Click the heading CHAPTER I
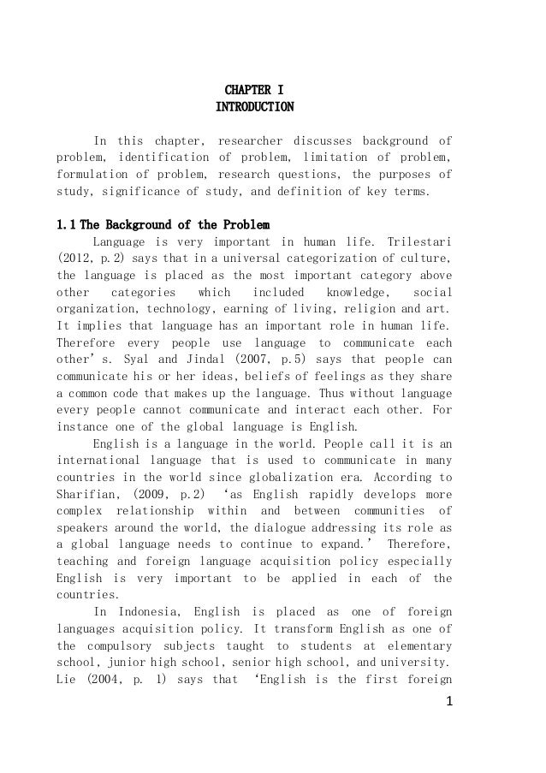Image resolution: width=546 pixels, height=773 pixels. click(254, 89)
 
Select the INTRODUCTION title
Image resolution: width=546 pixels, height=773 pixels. click(254, 107)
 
